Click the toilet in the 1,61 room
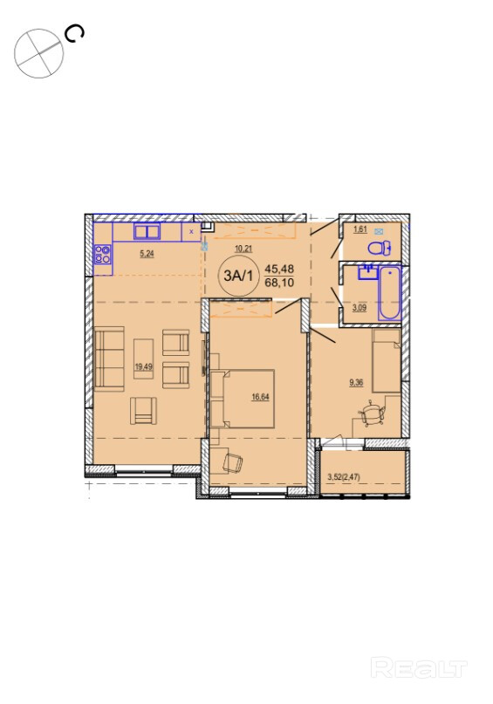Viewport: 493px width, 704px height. [380, 248]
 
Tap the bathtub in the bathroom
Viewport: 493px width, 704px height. [389, 293]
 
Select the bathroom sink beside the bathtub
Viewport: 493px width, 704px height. [367, 272]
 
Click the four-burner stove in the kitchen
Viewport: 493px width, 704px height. [102, 254]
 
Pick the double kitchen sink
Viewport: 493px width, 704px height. [147, 232]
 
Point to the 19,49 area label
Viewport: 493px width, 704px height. [144, 366]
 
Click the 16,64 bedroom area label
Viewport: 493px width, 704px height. [260, 396]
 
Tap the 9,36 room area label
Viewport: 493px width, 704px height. [356, 382]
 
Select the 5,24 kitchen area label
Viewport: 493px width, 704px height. [147, 254]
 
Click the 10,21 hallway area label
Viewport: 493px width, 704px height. [243, 249]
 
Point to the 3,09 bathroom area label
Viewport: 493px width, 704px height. [359, 308]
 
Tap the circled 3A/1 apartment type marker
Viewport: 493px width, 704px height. [238, 277]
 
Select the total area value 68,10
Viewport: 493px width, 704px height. [279, 284]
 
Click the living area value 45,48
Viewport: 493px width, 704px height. [279, 269]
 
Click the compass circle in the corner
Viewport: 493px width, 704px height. [39, 53]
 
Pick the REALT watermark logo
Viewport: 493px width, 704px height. [419, 668]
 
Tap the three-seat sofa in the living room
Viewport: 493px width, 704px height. [109, 359]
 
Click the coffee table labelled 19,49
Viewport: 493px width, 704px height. [144, 359]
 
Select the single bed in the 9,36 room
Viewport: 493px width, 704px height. [387, 360]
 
